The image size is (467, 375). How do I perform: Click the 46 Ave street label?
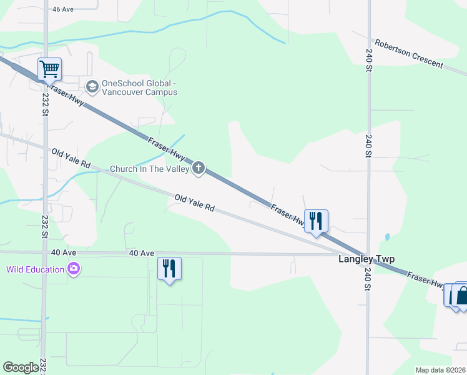pos(64,9)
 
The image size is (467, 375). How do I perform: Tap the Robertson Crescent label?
pos(408,54)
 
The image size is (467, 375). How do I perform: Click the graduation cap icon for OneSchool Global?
pos(92,86)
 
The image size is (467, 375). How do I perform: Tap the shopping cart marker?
pos(49,68)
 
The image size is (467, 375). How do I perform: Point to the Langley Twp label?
pos(366,259)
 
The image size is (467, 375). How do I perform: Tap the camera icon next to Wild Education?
pos(74,269)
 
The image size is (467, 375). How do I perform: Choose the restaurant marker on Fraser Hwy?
pos(316,221)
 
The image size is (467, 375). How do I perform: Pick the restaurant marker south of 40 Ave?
pos(169,269)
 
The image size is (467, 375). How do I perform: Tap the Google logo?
pos(21,367)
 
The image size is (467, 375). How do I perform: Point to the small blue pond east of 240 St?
pos(388,237)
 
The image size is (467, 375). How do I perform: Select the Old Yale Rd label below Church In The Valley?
pos(195,202)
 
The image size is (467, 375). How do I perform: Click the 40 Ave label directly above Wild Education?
pos(64,252)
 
